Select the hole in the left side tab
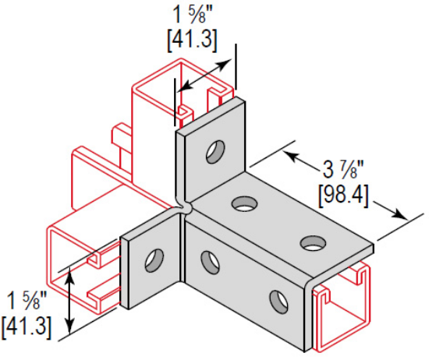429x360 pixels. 154,259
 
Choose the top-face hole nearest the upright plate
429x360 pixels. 244,204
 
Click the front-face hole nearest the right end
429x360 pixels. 277,300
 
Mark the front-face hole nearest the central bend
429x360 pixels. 210,262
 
